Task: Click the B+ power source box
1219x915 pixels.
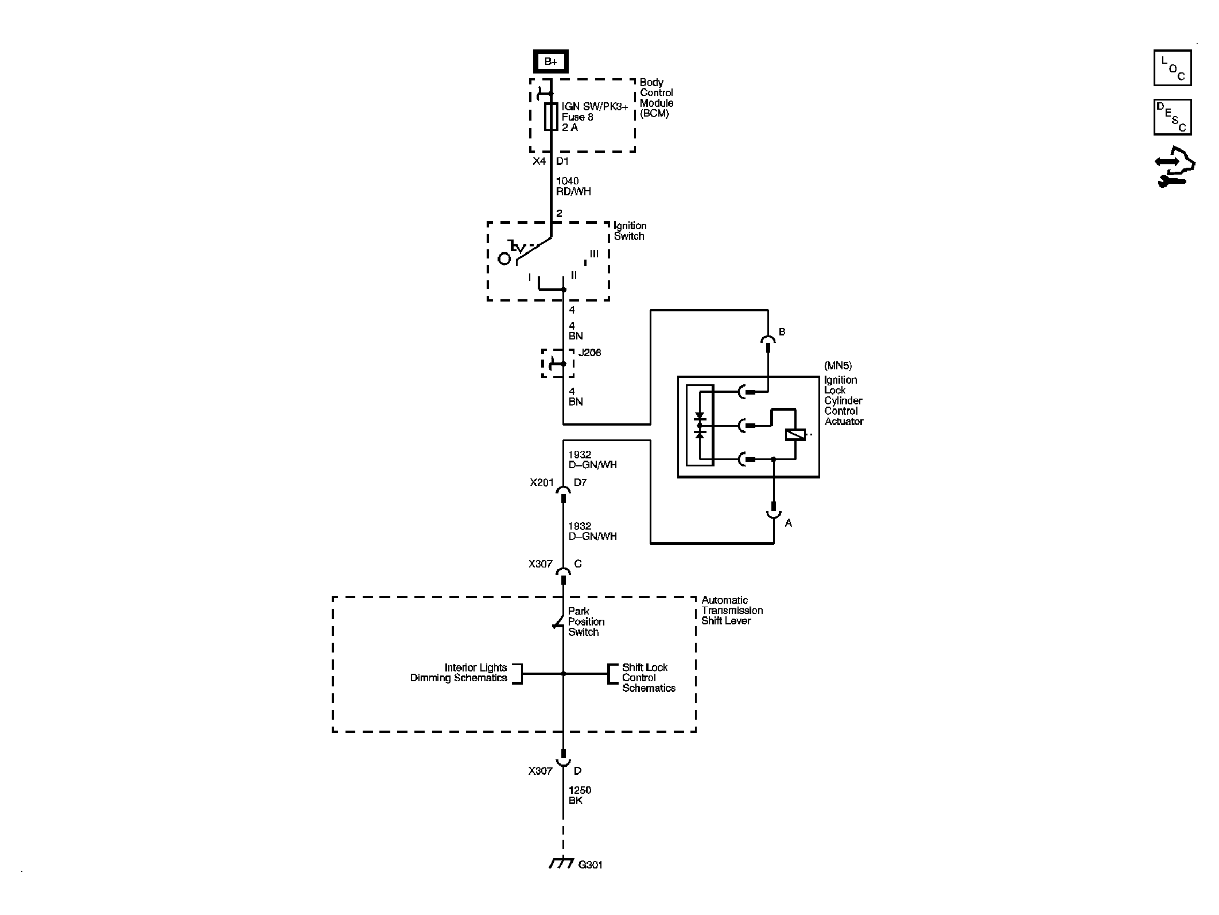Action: [x=550, y=61]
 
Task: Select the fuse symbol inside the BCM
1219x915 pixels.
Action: [x=551, y=117]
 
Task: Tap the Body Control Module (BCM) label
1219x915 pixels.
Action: [x=657, y=98]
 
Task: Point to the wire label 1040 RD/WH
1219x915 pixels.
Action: [x=573, y=186]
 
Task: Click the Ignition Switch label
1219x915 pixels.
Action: [x=630, y=231]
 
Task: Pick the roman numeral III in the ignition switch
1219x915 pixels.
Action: [x=594, y=253]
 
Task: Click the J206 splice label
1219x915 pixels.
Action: [x=589, y=352]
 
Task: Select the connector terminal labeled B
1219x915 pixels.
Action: [x=768, y=342]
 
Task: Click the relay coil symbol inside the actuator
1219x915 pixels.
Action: [x=795, y=435]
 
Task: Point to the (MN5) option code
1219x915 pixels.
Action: [x=838, y=365]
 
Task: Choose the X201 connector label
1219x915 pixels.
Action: [x=542, y=482]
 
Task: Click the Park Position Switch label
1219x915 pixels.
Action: [x=586, y=621]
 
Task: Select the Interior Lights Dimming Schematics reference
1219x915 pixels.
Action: [x=459, y=673]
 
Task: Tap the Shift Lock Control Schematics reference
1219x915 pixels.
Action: [x=649, y=678]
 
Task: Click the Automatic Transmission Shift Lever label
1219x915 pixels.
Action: [x=732, y=611]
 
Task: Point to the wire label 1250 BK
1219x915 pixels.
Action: [x=580, y=796]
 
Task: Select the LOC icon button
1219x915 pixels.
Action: [x=1173, y=68]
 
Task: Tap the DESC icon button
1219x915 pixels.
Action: [x=1173, y=117]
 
